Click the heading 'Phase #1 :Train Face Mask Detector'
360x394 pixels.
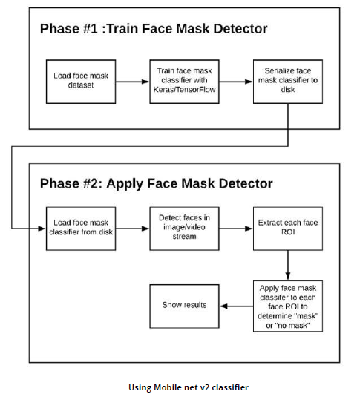click(x=153, y=29)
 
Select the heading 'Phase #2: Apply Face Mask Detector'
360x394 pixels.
click(x=156, y=183)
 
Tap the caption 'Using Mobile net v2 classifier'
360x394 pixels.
click(x=189, y=387)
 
